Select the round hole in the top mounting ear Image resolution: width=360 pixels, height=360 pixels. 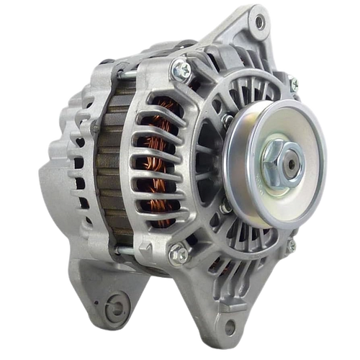(259, 23)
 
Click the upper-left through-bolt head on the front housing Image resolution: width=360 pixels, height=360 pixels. (181, 69)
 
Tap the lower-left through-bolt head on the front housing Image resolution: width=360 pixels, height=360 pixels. (176, 253)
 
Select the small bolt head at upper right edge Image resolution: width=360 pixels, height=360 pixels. (294, 85)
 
